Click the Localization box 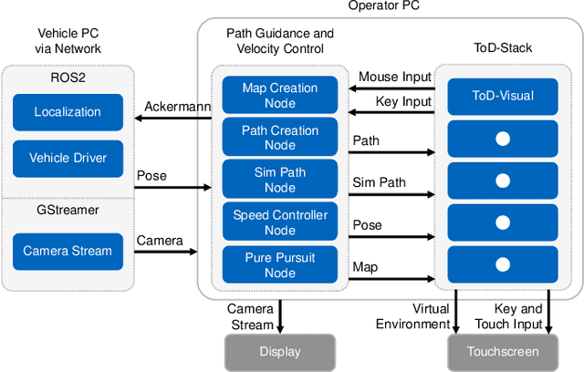(x=68, y=112)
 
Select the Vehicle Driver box (x=68, y=158)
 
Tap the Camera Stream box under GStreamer (x=68, y=251)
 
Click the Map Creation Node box (x=280, y=95)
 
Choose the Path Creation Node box (x=280, y=137)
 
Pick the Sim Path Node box (x=280, y=180)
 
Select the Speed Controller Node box (x=280, y=222)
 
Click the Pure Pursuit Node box (x=280, y=264)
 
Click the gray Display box (x=280, y=352)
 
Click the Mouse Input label (x=393, y=77)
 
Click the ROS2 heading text (x=67, y=78)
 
